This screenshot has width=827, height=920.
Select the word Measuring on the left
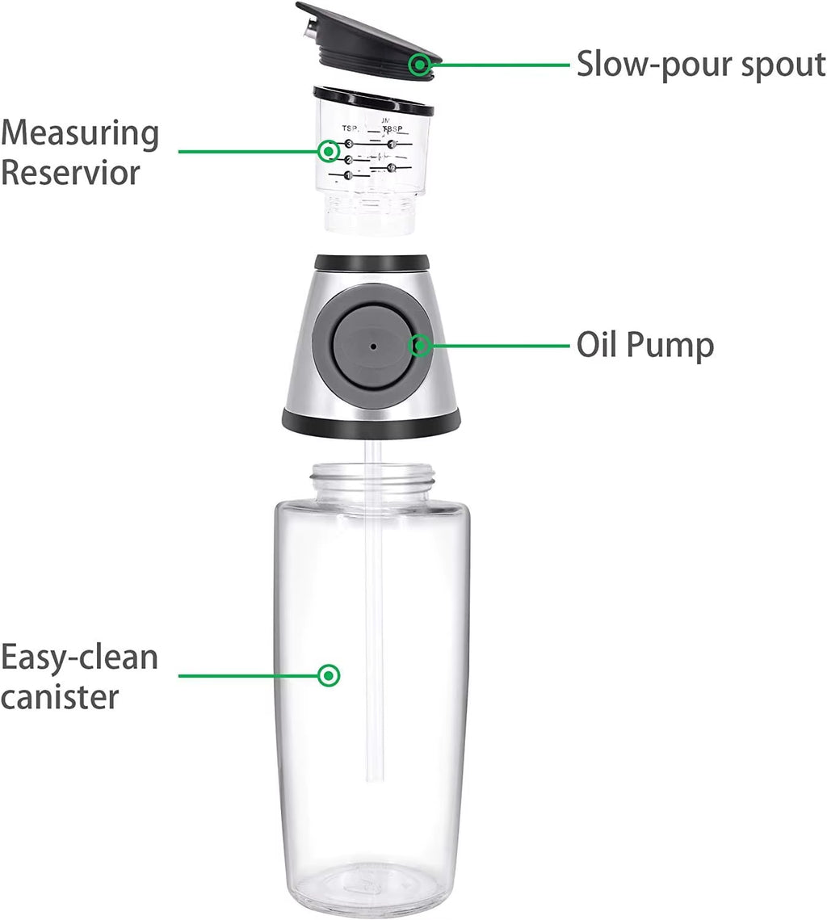click(x=80, y=132)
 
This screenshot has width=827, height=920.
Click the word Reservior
click(x=70, y=172)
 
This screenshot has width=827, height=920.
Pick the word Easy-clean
click(x=79, y=657)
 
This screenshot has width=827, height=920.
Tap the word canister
click(x=61, y=696)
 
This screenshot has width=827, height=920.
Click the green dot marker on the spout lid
click(x=419, y=65)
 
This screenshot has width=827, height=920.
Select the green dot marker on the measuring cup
click(x=328, y=151)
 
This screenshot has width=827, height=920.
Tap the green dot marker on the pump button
click(x=420, y=346)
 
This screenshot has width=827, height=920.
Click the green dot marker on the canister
click(x=328, y=675)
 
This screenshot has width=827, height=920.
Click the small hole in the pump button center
click(x=373, y=346)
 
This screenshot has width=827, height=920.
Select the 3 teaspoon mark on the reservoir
click(x=350, y=144)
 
